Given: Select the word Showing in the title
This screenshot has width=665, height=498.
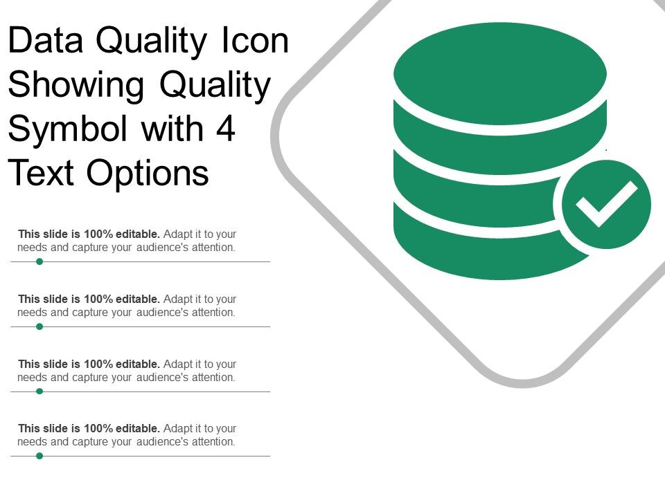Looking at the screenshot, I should point(76,86).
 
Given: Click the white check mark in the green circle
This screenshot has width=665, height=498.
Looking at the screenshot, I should point(607,204).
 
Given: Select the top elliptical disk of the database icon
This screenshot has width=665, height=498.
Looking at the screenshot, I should point(499,73).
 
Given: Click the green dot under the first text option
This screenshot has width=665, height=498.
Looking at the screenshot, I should point(39,261).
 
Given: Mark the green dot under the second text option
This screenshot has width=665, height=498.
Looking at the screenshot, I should point(39,326).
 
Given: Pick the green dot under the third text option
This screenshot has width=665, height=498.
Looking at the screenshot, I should point(39,391).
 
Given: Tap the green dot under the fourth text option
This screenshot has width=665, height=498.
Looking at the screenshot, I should point(39,456).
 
